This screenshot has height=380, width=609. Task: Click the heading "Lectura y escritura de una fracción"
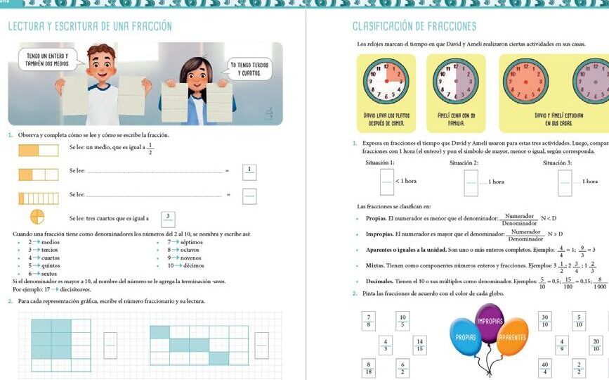(89, 27)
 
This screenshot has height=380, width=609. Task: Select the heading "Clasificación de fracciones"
(414, 27)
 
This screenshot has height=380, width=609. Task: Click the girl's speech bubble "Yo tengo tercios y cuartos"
(249, 68)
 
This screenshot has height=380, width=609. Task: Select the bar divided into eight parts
(38, 198)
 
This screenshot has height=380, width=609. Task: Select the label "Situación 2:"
(464, 163)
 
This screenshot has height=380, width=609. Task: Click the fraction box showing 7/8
(368, 320)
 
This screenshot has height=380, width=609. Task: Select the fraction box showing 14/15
(420, 344)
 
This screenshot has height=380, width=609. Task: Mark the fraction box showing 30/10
(544, 320)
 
